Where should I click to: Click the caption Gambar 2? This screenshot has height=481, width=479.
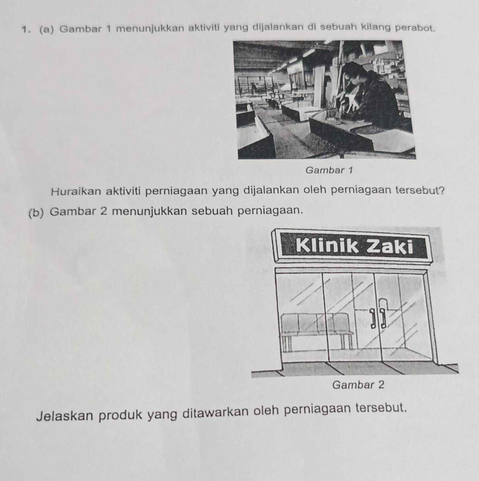[x=359, y=384]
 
